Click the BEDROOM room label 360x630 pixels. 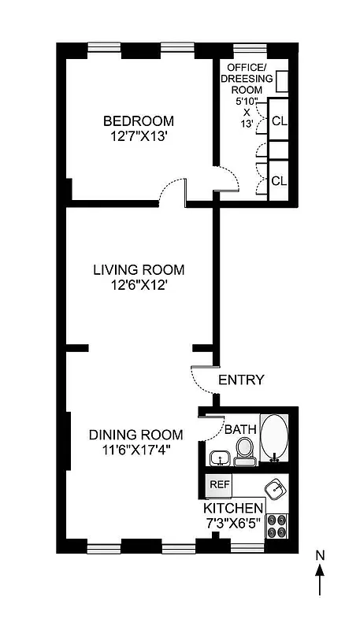tap(139, 121)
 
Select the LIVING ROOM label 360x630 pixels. tap(139, 270)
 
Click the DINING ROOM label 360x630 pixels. tap(135, 435)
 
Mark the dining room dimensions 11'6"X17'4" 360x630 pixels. tap(135, 450)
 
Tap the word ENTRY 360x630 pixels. tap(241, 380)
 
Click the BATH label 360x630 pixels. tap(240, 430)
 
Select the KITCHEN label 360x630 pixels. tap(234, 510)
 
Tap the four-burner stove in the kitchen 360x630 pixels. tap(276, 525)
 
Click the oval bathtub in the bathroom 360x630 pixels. tap(275, 437)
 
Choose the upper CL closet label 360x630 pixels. tap(279, 122)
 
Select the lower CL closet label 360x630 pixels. tap(279, 180)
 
